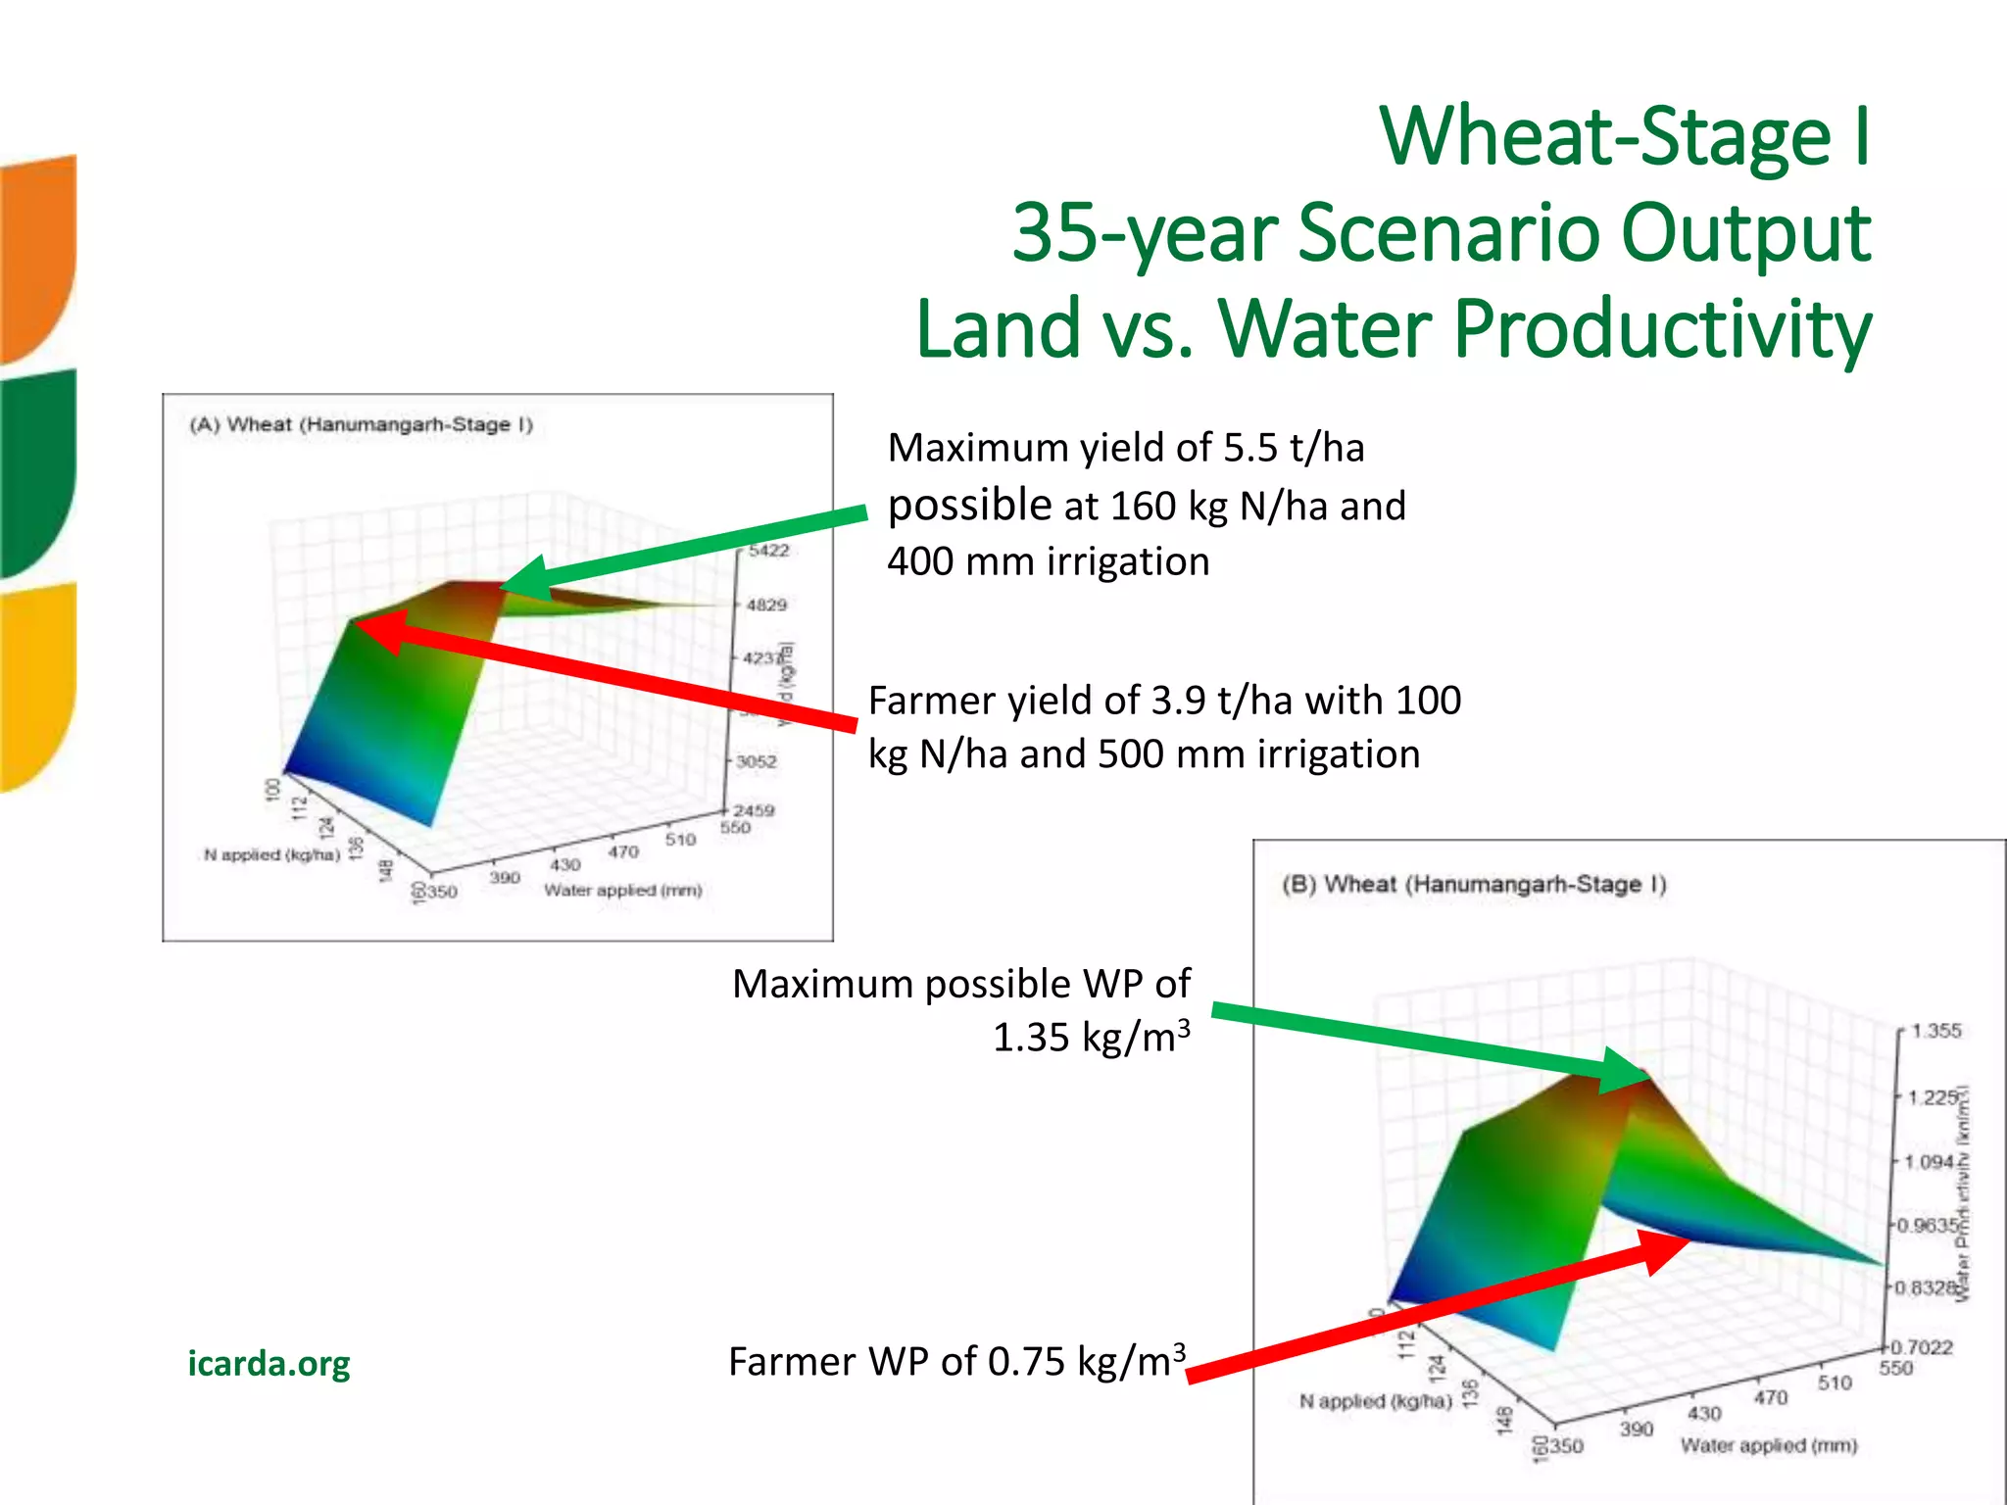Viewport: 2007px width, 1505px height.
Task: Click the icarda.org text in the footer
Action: tap(269, 1363)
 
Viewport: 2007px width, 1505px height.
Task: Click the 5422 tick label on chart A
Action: tap(768, 551)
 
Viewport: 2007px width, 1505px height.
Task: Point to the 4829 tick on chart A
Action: tap(766, 605)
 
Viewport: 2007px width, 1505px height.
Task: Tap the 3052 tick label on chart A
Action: tap(757, 761)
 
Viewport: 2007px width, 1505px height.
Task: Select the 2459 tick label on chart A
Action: tap(755, 810)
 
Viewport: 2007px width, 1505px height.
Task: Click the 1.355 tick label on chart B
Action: tap(1936, 1031)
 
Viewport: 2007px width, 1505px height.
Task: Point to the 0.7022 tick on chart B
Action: tap(1922, 1347)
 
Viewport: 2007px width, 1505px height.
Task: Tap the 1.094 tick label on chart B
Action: tap(1929, 1162)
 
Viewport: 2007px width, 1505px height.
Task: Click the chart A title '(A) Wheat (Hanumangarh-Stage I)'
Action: tap(361, 424)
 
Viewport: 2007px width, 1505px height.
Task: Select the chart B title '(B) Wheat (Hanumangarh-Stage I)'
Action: tap(1474, 884)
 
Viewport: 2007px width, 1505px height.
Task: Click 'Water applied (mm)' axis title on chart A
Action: tap(623, 890)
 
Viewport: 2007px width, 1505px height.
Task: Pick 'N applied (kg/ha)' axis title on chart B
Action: tap(1375, 1401)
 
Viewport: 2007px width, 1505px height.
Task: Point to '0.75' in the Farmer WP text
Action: tap(1026, 1362)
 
